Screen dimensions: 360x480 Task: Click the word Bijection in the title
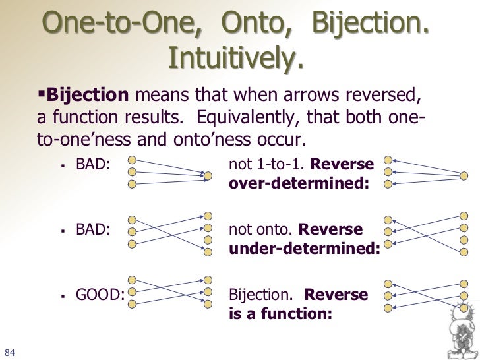pos(367,24)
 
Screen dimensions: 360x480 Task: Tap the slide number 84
pos(10,349)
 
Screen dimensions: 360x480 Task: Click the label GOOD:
pos(100,295)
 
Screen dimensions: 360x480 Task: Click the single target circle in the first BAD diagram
pos(208,175)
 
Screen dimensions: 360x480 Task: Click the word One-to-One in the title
pos(125,24)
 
